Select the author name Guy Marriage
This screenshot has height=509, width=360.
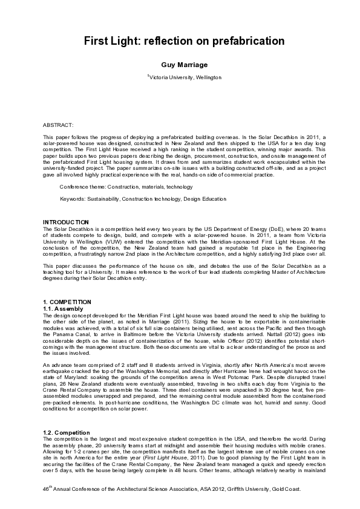pos(180,64)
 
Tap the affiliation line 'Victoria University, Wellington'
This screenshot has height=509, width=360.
pos(185,77)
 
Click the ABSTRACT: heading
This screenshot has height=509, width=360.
pos(57,125)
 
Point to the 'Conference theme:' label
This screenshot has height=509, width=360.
pos(83,187)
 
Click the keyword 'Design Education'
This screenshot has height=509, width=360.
pos(205,199)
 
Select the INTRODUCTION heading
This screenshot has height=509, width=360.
pos(66,222)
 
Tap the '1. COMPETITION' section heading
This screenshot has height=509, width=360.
pos(67,302)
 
